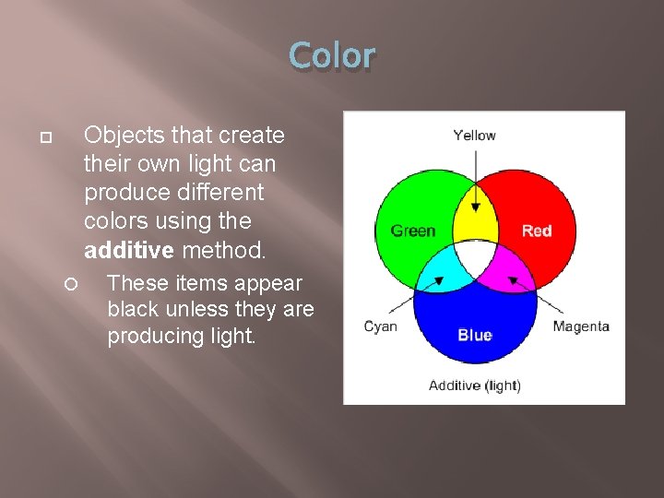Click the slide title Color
(331, 56)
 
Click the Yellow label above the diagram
(474, 136)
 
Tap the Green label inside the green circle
(412, 231)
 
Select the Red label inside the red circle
(537, 231)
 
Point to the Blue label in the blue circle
(474, 335)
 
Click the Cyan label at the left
(380, 326)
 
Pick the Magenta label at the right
(581, 326)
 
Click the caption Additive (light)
(474, 385)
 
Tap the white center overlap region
(475, 258)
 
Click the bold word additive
(129, 250)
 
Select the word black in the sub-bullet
(134, 309)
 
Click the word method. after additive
(224, 250)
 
